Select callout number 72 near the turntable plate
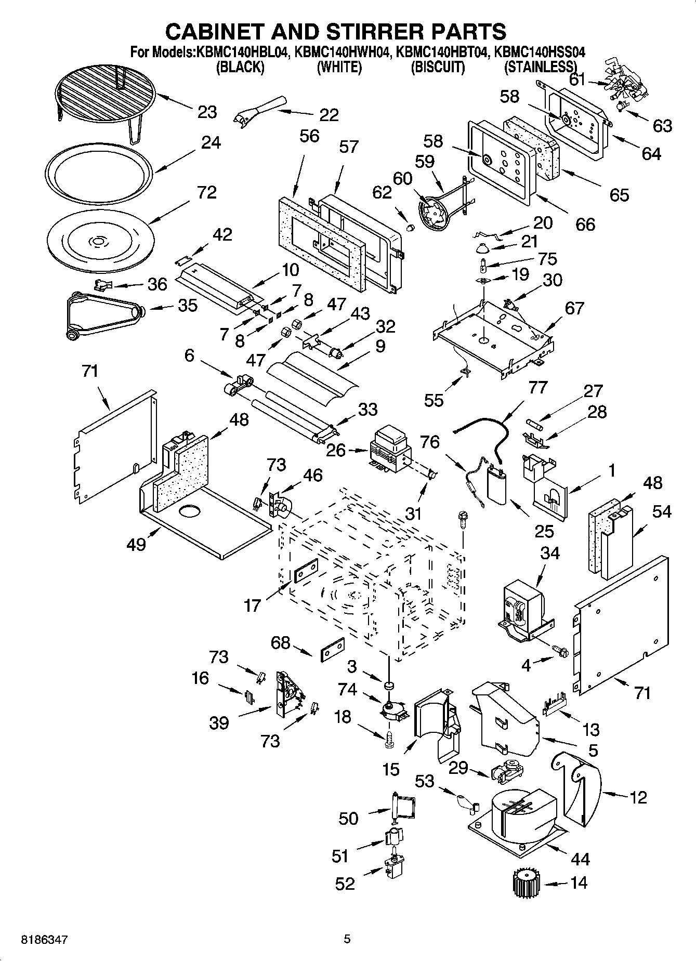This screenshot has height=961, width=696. [207, 192]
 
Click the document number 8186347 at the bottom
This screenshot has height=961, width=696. [44, 940]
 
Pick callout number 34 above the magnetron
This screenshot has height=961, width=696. [550, 553]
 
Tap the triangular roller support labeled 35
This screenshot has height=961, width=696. [104, 314]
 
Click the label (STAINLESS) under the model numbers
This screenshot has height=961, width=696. [541, 67]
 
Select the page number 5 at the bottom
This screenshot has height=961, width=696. [347, 939]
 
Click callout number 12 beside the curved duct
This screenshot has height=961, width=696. [638, 796]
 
